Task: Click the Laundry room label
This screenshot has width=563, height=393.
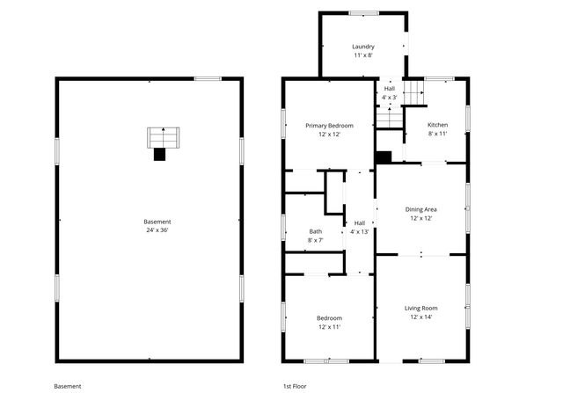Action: (363, 47)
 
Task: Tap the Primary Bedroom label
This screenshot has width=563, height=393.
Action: (323, 126)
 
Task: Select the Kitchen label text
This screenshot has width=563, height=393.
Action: (437, 125)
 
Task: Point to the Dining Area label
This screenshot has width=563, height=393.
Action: (421, 209)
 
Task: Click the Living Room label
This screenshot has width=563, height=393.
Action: (420, 309)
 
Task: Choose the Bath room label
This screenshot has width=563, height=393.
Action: (315, 231)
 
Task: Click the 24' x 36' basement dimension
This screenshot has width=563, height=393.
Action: (157, 230)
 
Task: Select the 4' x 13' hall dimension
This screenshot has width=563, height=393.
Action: (360, 231)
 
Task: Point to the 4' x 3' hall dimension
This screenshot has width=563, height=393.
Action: (389, 98)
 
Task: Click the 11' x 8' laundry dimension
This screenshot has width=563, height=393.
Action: (363, 55)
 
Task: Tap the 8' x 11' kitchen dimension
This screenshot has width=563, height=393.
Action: (437, 134)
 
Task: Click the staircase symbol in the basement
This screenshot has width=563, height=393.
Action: (162, 137)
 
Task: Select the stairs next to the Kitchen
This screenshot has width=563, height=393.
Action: (388, 114)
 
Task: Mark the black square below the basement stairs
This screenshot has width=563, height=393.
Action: (159, 155)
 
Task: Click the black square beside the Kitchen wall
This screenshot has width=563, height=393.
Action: (384, 157)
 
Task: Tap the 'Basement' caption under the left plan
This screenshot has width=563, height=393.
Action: (68, 386)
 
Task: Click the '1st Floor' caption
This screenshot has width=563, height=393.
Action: (294, 386)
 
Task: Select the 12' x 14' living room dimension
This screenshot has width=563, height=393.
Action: (420, 317)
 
